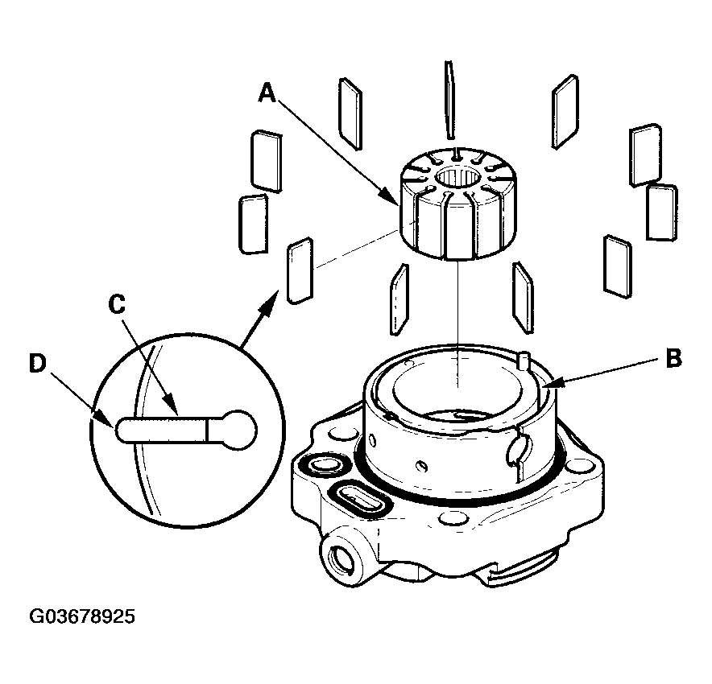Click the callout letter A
tap(268, 93)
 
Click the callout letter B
tap(673, 358)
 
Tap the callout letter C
tap(117, 304)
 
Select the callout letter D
tap(38, 364)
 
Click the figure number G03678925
tap(82, 616)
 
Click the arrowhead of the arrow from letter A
tap(392, 198)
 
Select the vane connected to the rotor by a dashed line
tap(300, 270)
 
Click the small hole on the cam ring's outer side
tap(422, 465)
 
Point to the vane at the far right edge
tap(662, 212)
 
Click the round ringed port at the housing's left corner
tap(323, 466)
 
